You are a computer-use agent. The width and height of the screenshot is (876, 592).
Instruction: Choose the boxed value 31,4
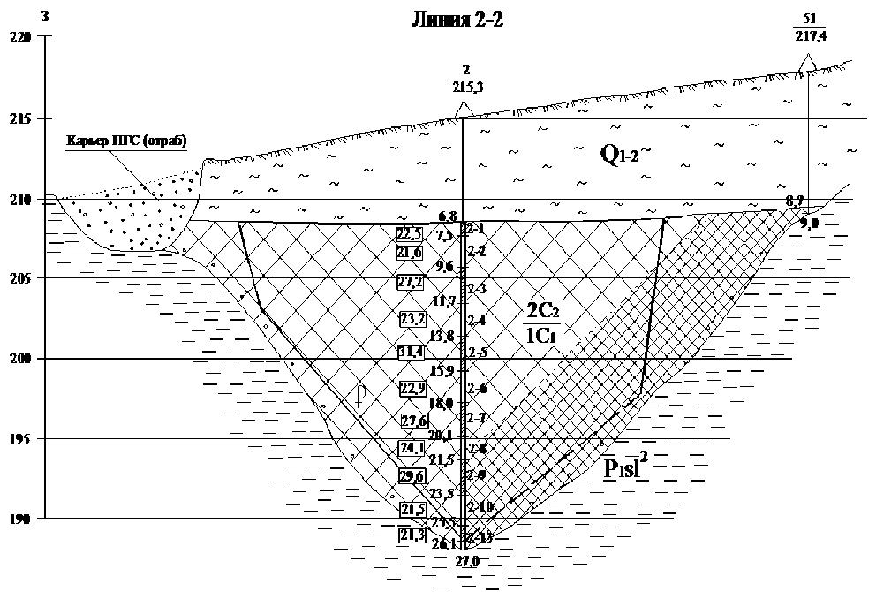(412, 353)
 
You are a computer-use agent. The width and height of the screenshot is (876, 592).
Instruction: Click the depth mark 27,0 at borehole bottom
(466, 561)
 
